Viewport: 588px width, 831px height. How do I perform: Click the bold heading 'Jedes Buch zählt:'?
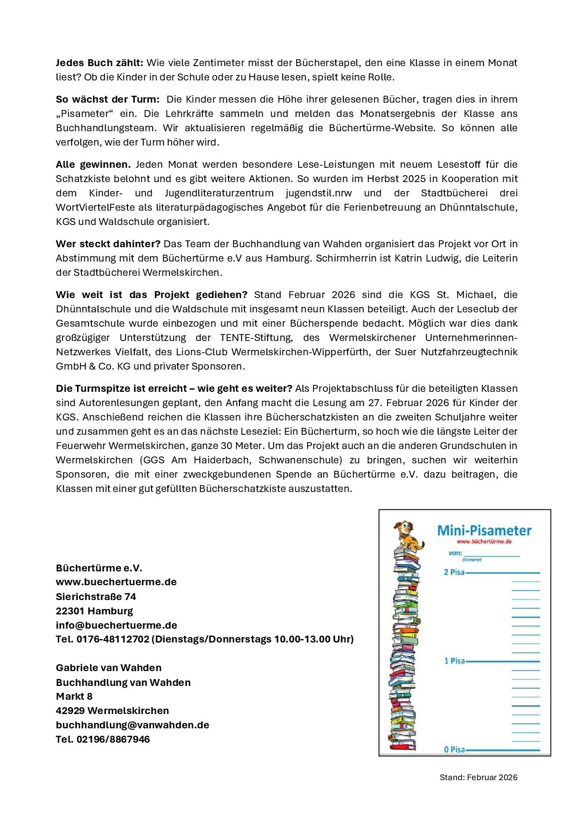click(x=99, y=63)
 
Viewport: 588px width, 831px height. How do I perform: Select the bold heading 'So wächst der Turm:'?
click(x=108, y=99)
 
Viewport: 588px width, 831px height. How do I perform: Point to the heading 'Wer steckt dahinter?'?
click(x=108, y=244)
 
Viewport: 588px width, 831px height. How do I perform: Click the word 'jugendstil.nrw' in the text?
click(x=319, y=193)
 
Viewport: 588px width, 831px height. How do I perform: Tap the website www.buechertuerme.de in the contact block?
click(x=116, y=582)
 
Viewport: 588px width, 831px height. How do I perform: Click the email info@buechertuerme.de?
click(x=117, y=626)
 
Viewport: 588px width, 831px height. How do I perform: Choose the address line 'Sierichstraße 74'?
click(x=96, y=597)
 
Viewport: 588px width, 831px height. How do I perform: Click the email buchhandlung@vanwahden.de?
click(x=132, y=725)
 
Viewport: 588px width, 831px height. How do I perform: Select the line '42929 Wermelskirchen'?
click(x=112, y=711)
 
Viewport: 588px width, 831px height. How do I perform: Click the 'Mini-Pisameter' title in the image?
click(x=484, y=531)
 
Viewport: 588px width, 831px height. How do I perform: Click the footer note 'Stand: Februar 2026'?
click(x=478, y=777)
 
